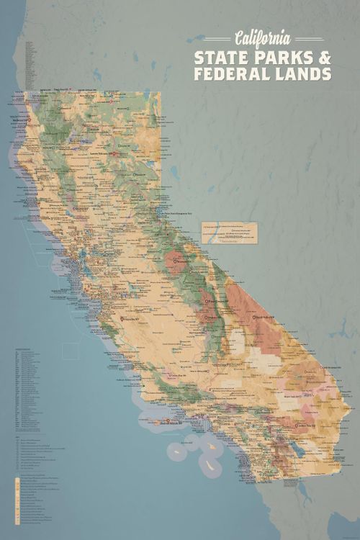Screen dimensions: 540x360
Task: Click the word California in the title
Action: coord(262,38)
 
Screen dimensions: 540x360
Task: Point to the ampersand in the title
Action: coord(325,57)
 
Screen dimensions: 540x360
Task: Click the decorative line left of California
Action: coord(217,39)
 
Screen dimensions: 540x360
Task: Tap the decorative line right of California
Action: coord(310,39)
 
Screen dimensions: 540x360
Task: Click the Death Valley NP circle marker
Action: coord(253,317)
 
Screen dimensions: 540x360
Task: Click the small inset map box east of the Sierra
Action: coord(229,231)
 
